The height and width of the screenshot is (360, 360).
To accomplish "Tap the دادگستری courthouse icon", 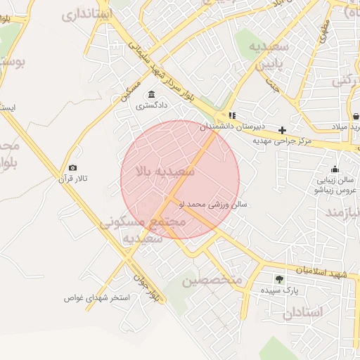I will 151,95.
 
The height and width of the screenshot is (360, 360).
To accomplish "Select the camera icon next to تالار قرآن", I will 72,167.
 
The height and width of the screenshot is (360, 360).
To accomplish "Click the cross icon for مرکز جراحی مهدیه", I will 282,130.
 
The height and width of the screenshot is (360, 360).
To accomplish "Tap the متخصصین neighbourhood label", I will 212,281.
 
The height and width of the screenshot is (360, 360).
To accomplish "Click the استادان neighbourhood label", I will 304,311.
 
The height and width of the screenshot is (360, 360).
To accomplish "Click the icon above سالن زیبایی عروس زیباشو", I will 335,169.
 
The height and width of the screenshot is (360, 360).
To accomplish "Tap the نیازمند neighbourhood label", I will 342,212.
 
